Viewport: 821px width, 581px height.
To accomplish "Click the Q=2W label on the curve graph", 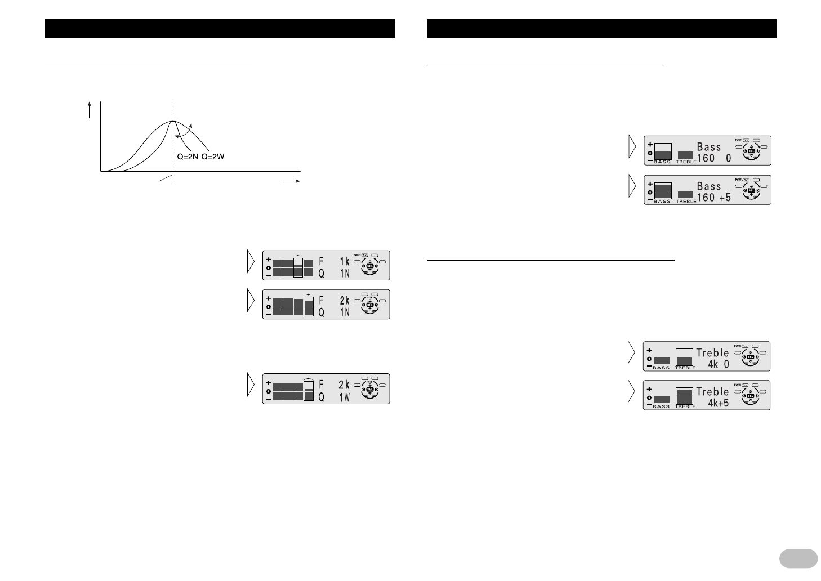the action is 213,157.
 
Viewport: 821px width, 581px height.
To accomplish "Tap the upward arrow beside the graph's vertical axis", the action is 89,110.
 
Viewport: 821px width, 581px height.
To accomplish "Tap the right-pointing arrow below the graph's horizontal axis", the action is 291,181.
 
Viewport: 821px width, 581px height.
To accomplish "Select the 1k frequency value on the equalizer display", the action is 344,261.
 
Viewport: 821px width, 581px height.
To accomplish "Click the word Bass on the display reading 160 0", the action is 709,146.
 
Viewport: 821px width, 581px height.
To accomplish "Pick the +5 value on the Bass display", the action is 725,198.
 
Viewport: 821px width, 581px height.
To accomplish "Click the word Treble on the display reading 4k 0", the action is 712,352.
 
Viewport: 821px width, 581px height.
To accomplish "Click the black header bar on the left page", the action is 220,29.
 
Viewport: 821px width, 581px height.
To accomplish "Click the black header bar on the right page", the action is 601,29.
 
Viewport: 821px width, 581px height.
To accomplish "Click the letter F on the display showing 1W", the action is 322,385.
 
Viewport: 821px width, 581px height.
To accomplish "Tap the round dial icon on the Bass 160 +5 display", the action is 750,191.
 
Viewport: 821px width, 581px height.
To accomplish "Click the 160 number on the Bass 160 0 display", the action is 706,158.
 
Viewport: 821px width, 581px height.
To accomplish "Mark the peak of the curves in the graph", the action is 173,122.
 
